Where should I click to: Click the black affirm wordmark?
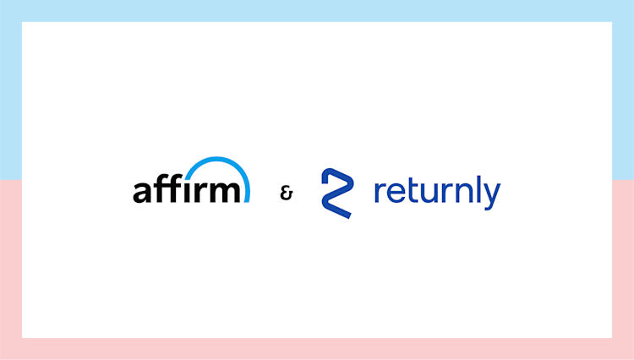click(186, 189)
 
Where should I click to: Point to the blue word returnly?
click(436, 193)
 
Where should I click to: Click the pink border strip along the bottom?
click(317, 349)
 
